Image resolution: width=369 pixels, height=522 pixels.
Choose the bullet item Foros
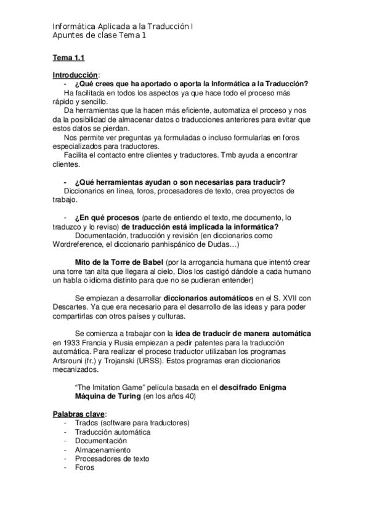(x=84, y=467)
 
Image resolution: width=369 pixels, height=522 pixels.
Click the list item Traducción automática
(x=112, y=432)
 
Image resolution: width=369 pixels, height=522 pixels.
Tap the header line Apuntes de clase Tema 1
(x=100, y=35)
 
